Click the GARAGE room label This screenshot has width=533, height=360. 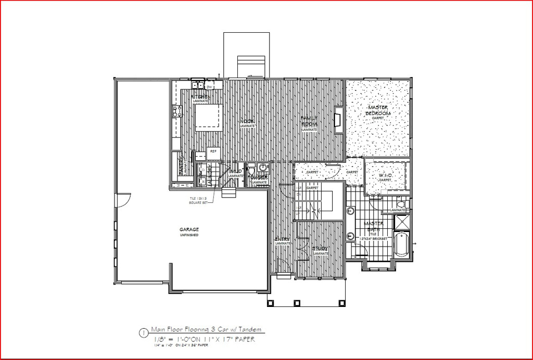click(x=189, y=229)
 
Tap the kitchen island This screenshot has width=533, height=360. click(x=209, y=117)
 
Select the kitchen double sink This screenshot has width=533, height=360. click(x=197, y=85)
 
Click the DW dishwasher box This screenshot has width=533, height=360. click(x=209, y=86)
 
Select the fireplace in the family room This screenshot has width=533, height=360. click(x=338, y=120)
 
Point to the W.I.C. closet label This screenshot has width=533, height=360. click(x=385, y=176)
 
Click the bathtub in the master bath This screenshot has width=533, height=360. click(x=401, y=245)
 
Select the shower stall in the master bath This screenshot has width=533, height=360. click(x=401, y=223)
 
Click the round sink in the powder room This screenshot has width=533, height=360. click(x=263, y=168)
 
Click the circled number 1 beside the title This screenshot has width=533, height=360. click(x=143, y=332)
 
